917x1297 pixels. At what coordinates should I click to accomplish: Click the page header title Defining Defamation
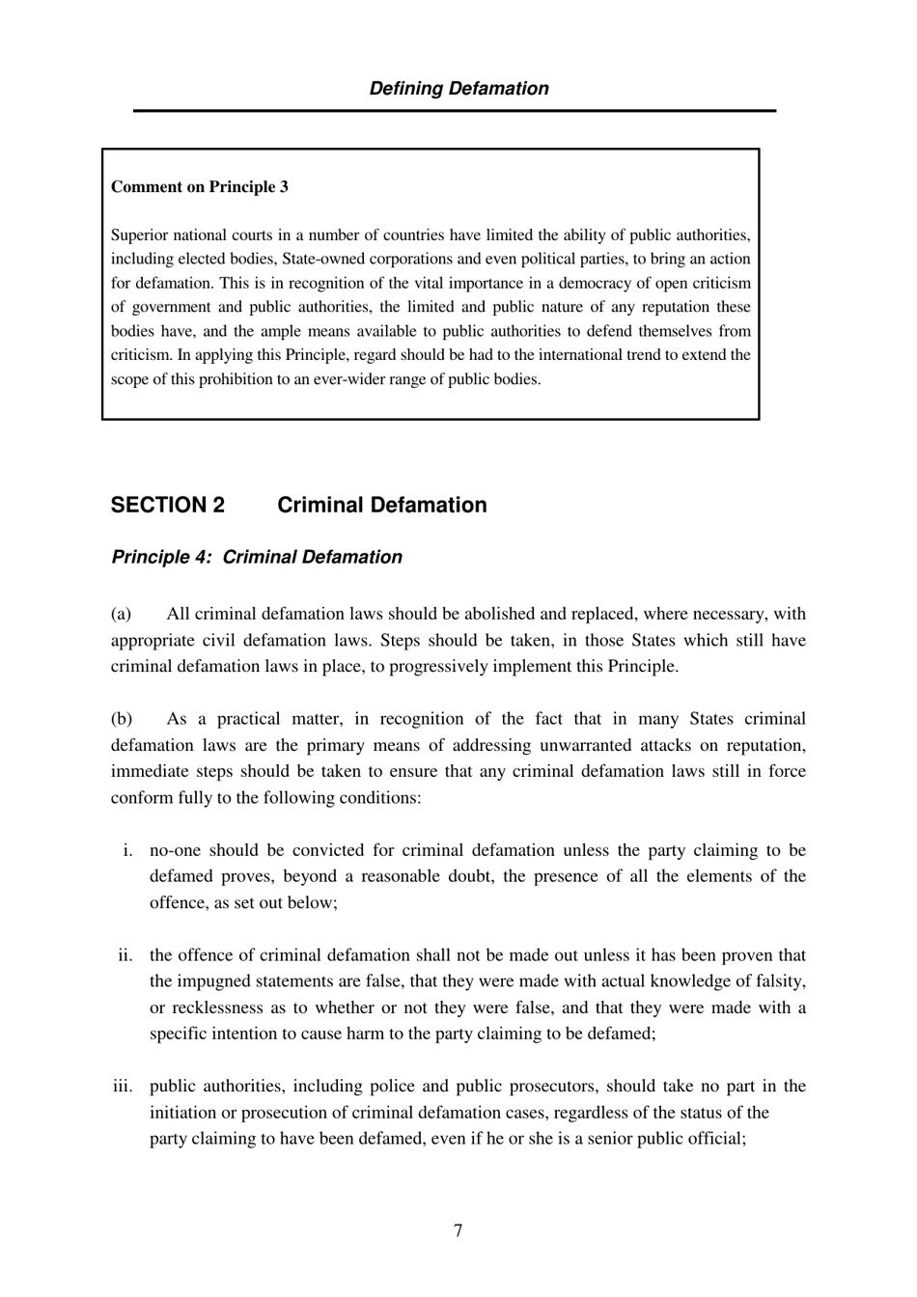pos(458,88)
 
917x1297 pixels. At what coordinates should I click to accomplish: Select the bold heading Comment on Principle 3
pos(199,186)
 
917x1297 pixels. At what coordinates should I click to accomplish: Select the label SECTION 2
pos(168,505)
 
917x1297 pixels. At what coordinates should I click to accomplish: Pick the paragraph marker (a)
pos(121,614)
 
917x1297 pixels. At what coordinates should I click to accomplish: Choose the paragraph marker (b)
pos(122,719)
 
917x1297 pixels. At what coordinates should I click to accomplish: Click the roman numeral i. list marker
pos(127,850)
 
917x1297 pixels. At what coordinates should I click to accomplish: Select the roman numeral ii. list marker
pos(125,955)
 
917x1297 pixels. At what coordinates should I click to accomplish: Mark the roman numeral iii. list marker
pos(123,1086)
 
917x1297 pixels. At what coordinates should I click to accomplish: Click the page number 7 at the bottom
pos(458,1230)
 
